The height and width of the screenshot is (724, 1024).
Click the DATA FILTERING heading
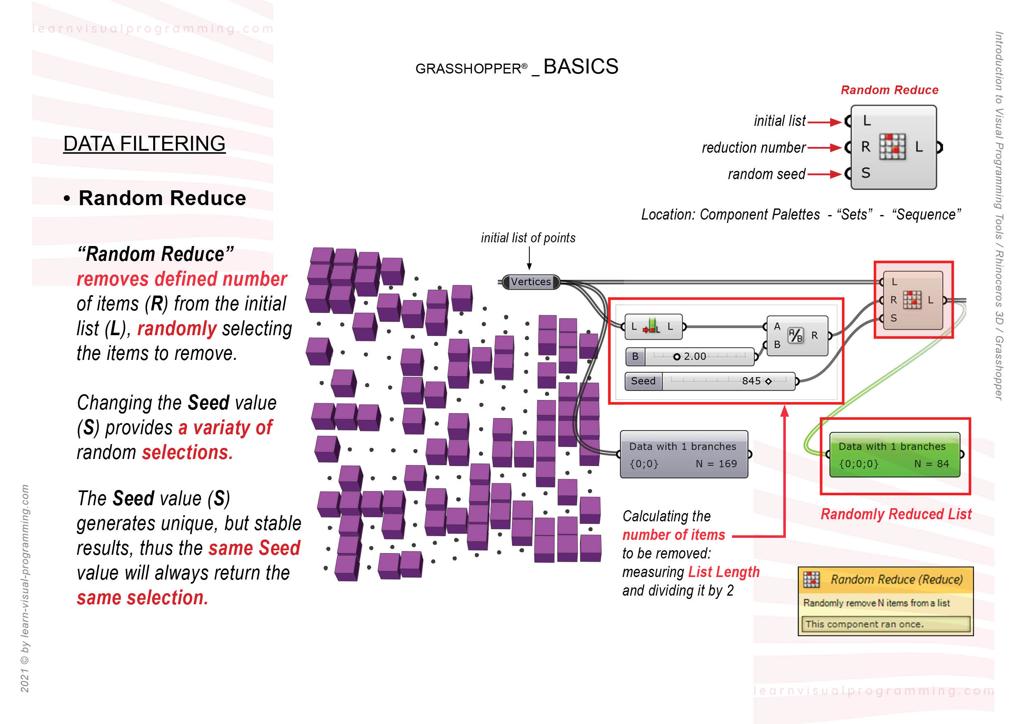[x=144, y=144]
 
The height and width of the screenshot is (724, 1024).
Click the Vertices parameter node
[x=531, y=282]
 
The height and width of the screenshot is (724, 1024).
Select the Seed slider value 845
[x=751, y=381]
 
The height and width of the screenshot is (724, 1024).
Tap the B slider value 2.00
[x=695, y=356]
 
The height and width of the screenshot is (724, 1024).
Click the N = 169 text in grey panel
[x=716, y=464]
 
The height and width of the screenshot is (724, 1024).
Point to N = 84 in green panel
[x=931, y=464]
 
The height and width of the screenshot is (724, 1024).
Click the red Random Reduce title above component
[x=889, y=90]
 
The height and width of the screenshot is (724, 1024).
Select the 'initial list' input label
[x=779, y=121]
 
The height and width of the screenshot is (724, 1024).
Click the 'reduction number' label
[x=753, y=147]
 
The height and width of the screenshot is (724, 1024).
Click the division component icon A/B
[x=795, y=335]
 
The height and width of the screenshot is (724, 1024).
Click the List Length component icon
[x=652, y=327]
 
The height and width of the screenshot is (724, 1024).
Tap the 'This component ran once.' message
[x=864, y=624]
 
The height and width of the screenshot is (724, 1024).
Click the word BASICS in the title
[x=580, y=67]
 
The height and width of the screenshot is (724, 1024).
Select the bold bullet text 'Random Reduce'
[x=162, y=198]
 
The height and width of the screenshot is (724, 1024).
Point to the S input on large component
[x=866, y=173]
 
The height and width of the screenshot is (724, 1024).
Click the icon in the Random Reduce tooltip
[x=811, y=579]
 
